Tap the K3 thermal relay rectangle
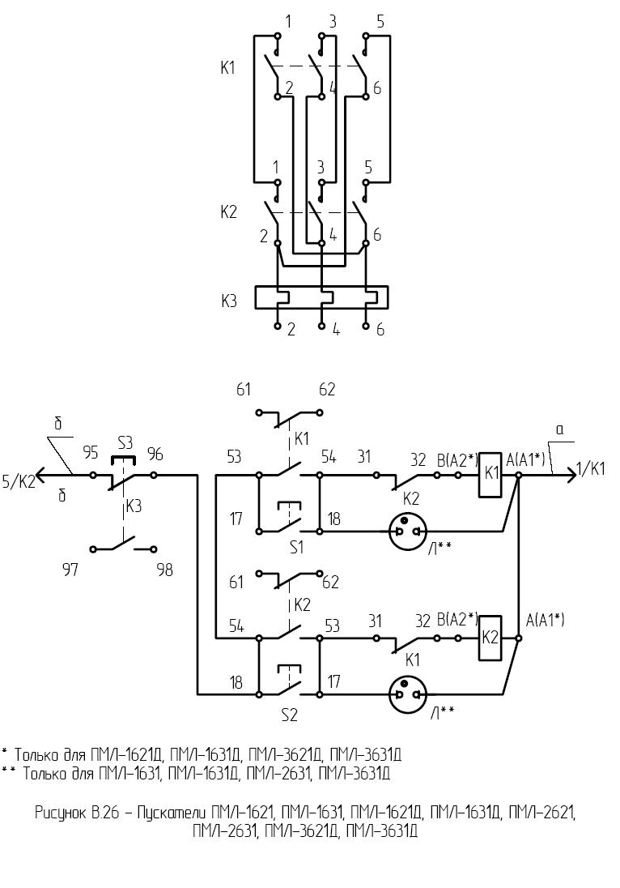pyautogui.click(x=321, y=297)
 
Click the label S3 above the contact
pyautogui.click(x=125, y=443)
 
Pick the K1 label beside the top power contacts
pyautogui.click(x=228, y=68)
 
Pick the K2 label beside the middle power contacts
pyautogui.click(x=228, y=212)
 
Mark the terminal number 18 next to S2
pyautogui.click(x=236, y=683)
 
